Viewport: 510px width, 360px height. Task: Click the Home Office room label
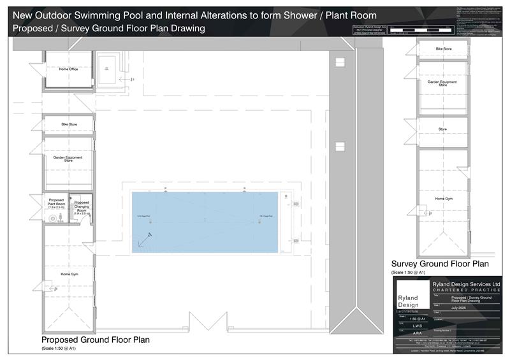point(68,69)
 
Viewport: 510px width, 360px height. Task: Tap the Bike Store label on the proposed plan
point(68,124)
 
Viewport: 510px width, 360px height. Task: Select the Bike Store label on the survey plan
point(444,48)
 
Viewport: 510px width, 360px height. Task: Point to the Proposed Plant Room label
point(57,205)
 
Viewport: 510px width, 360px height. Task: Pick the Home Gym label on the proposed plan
point(69,274)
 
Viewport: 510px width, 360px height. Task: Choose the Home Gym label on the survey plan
point(444,199)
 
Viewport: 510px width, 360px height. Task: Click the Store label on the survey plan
point(442,129)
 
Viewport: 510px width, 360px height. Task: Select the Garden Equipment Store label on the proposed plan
point(68,159)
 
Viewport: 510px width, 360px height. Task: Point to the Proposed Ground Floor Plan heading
point(96,340)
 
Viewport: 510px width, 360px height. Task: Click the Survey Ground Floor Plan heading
point(440,264)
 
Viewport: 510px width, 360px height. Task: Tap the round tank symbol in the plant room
point(51,217)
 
